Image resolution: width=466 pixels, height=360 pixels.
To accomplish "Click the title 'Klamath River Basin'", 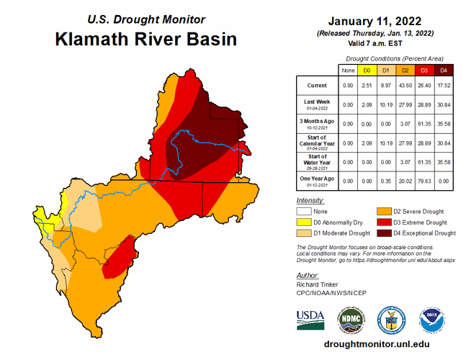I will click(145, 38).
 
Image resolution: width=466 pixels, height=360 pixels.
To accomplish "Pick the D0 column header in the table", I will click(367, 70).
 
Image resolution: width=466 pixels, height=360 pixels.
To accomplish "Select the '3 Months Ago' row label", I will click(318, 123).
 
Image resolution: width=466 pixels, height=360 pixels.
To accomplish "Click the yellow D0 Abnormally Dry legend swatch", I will click(307, 222).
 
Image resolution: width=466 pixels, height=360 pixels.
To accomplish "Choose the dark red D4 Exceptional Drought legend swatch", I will click(384, 233).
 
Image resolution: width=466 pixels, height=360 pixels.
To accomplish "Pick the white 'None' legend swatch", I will click(307, 212).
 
